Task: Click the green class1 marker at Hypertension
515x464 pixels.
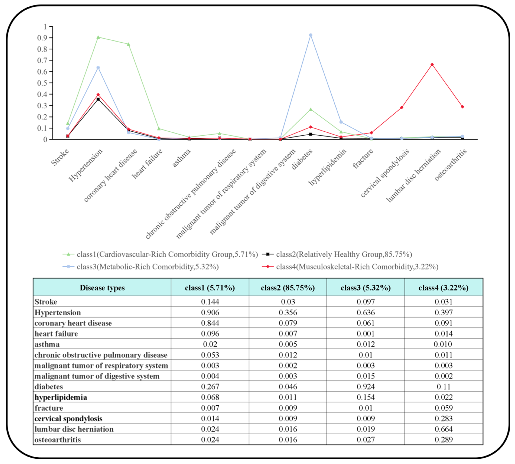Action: pos(98,37)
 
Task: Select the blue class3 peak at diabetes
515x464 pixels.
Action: pos(310,35)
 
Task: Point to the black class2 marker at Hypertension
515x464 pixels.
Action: pos(98,99)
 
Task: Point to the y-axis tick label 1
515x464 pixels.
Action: pos(45,27)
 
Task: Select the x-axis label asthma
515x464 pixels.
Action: pos(182,158)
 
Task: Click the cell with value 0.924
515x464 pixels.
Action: pos(366,386)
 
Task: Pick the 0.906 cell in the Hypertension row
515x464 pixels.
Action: pos(210,312)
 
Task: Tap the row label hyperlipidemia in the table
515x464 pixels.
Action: pos(61,397)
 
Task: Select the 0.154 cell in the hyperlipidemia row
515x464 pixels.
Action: pos(366,397)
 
